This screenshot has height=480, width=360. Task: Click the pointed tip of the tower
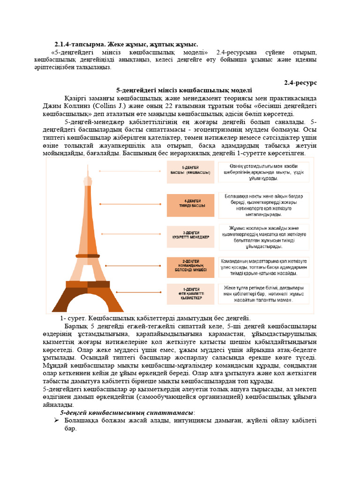point(87,166)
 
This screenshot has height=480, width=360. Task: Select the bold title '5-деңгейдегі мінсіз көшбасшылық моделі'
point(184,90)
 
